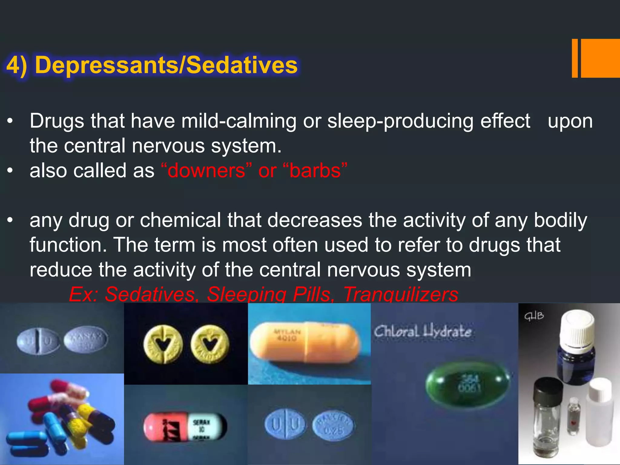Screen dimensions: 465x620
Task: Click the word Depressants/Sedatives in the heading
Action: [166, 65]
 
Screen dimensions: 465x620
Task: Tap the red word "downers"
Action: [206, 171]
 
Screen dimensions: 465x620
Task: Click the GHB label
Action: [534, 316]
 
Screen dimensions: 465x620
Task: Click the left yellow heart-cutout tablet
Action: [163, 345]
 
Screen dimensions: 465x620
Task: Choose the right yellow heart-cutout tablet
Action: [210, 345]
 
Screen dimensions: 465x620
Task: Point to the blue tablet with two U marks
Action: [285, 424]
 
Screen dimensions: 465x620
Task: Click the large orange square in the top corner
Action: [600, 58]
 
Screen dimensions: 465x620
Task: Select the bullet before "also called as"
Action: [10, 171]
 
